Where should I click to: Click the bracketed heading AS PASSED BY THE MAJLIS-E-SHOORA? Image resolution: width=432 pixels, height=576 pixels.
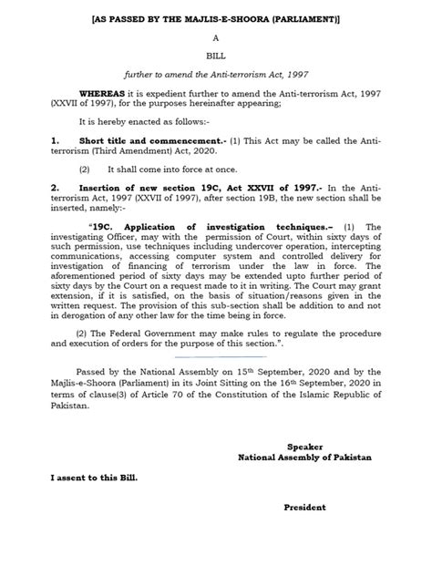tap(216, 18)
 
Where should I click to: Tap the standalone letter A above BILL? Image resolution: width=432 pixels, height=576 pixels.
tap(216, 39)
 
